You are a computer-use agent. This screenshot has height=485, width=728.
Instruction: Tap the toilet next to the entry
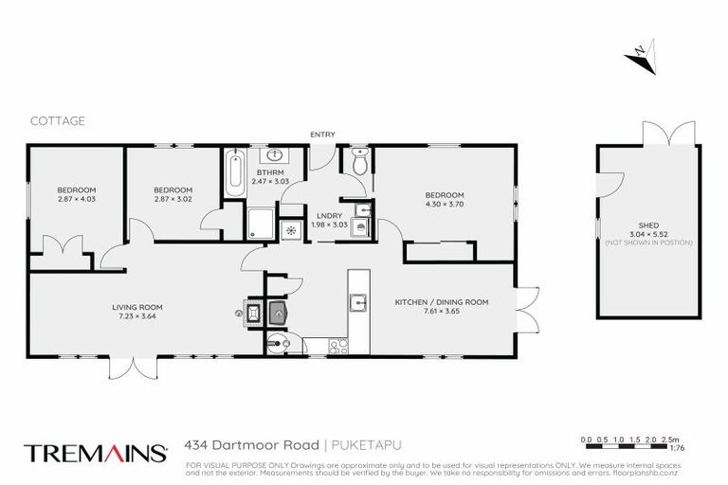pos(358,164)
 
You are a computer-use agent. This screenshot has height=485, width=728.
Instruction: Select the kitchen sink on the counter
pos(358,303)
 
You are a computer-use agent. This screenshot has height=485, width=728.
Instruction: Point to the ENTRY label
pos(322,135)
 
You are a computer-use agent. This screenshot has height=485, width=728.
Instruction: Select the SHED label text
pos(648,225)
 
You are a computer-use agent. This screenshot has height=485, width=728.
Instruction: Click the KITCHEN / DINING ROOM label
pos(441,302)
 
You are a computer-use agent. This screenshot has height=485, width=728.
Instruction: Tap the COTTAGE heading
pos(57,120)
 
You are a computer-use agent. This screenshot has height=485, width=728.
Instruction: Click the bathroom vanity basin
pos(275,155)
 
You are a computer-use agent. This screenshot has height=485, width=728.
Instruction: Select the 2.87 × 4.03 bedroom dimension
pos(76,198)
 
